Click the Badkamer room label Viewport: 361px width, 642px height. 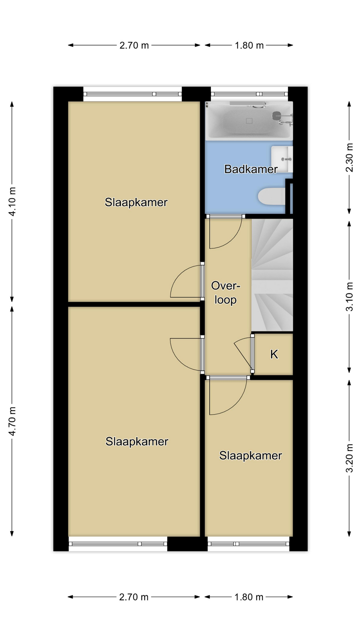pyautogui.click(x=251, y=169)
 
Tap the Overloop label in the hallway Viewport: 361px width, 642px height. pyautogui.click(x=226, y=293)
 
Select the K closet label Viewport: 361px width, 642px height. pyautogui.click(x=274, y=354)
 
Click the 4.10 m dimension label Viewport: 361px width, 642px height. pyautogui.click(x=12, y=201)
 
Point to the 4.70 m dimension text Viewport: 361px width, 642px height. pyautogui.click(x=12, y=421)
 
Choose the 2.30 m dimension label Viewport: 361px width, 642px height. pyautogui.click(x=349, y=157)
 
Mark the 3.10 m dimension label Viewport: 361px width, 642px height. pyautogui.click(x=349, y=297)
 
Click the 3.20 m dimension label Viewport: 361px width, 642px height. pyautogui.click(x=349, y=458)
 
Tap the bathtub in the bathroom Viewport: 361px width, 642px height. pyautogui.click(x=249, y=121)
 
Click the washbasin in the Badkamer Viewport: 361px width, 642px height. pyautogui.click(x=282, y=159)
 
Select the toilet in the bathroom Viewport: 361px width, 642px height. pyautogui.click(x=272, y=196)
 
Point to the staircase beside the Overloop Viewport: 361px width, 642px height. pyautogui.click(x=272, y=275)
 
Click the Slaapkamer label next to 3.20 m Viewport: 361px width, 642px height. pyautogui.click(x=251, y=455)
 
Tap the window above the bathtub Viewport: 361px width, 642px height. pyautogui.click(x=249, y=94)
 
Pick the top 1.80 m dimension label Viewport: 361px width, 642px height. pyautogui.click(x=249, y=45)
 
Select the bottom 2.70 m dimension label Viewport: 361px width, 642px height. pyautogui.click(x=134, y=597)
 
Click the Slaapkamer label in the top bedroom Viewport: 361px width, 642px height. pyautogui.click(x=136, y=202)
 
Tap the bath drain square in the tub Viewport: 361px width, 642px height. pyautogui.click(x=249, y=121)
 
